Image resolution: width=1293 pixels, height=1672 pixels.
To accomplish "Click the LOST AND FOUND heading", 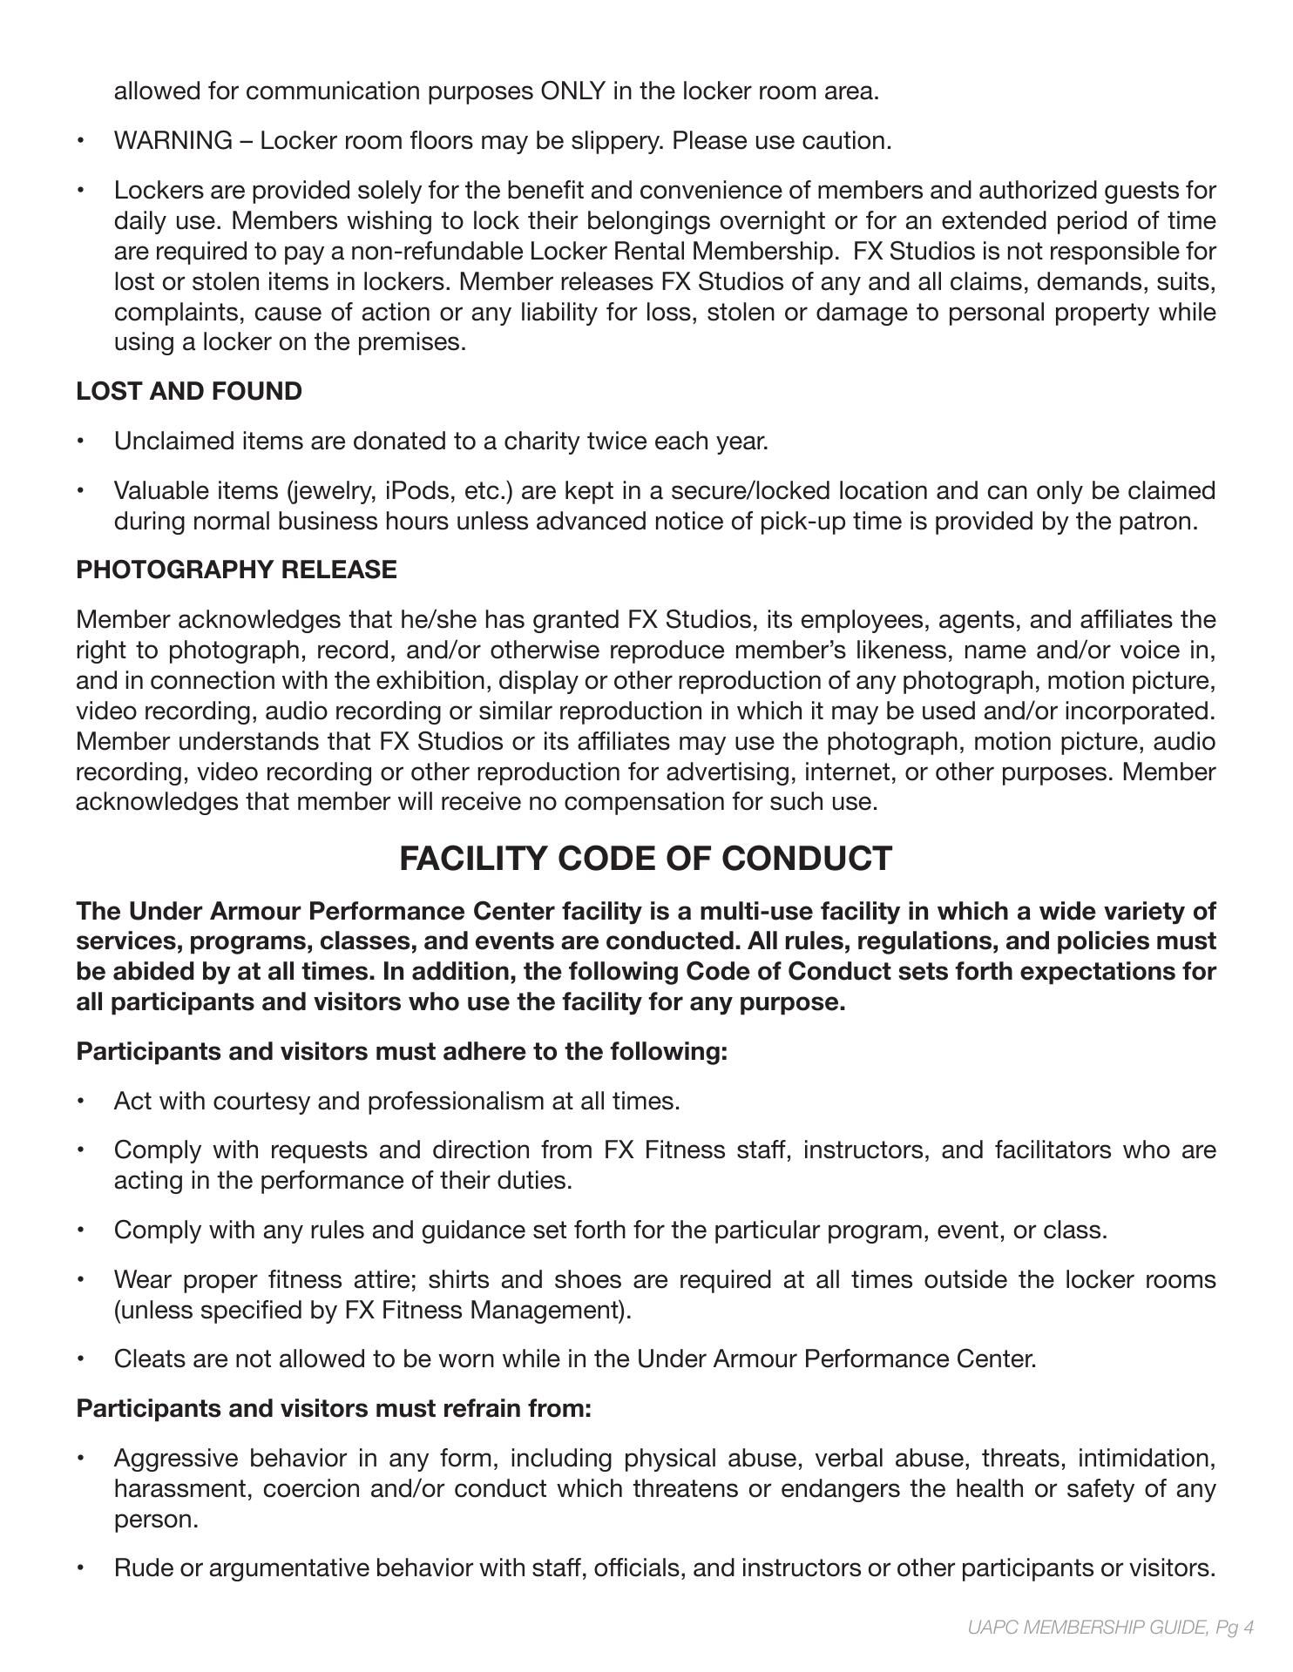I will click(189, 392).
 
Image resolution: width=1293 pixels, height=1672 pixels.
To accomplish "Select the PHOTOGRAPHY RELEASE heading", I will click(236, 570).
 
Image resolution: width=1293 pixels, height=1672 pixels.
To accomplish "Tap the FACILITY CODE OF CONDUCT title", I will click(646, 859).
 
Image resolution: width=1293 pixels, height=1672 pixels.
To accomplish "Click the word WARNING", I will click(173, 141).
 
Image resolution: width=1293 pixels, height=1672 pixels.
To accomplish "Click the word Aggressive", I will click(175, 1459).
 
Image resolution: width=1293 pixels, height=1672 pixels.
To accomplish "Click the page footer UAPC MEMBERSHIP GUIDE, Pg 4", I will click(1110, 1627).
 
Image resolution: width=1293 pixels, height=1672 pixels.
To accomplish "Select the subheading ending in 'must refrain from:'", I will click(334, 1409).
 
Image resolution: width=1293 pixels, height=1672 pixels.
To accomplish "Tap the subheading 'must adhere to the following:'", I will click(402, 1052).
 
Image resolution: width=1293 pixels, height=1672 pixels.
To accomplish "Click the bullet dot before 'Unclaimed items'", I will click(81, 442).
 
